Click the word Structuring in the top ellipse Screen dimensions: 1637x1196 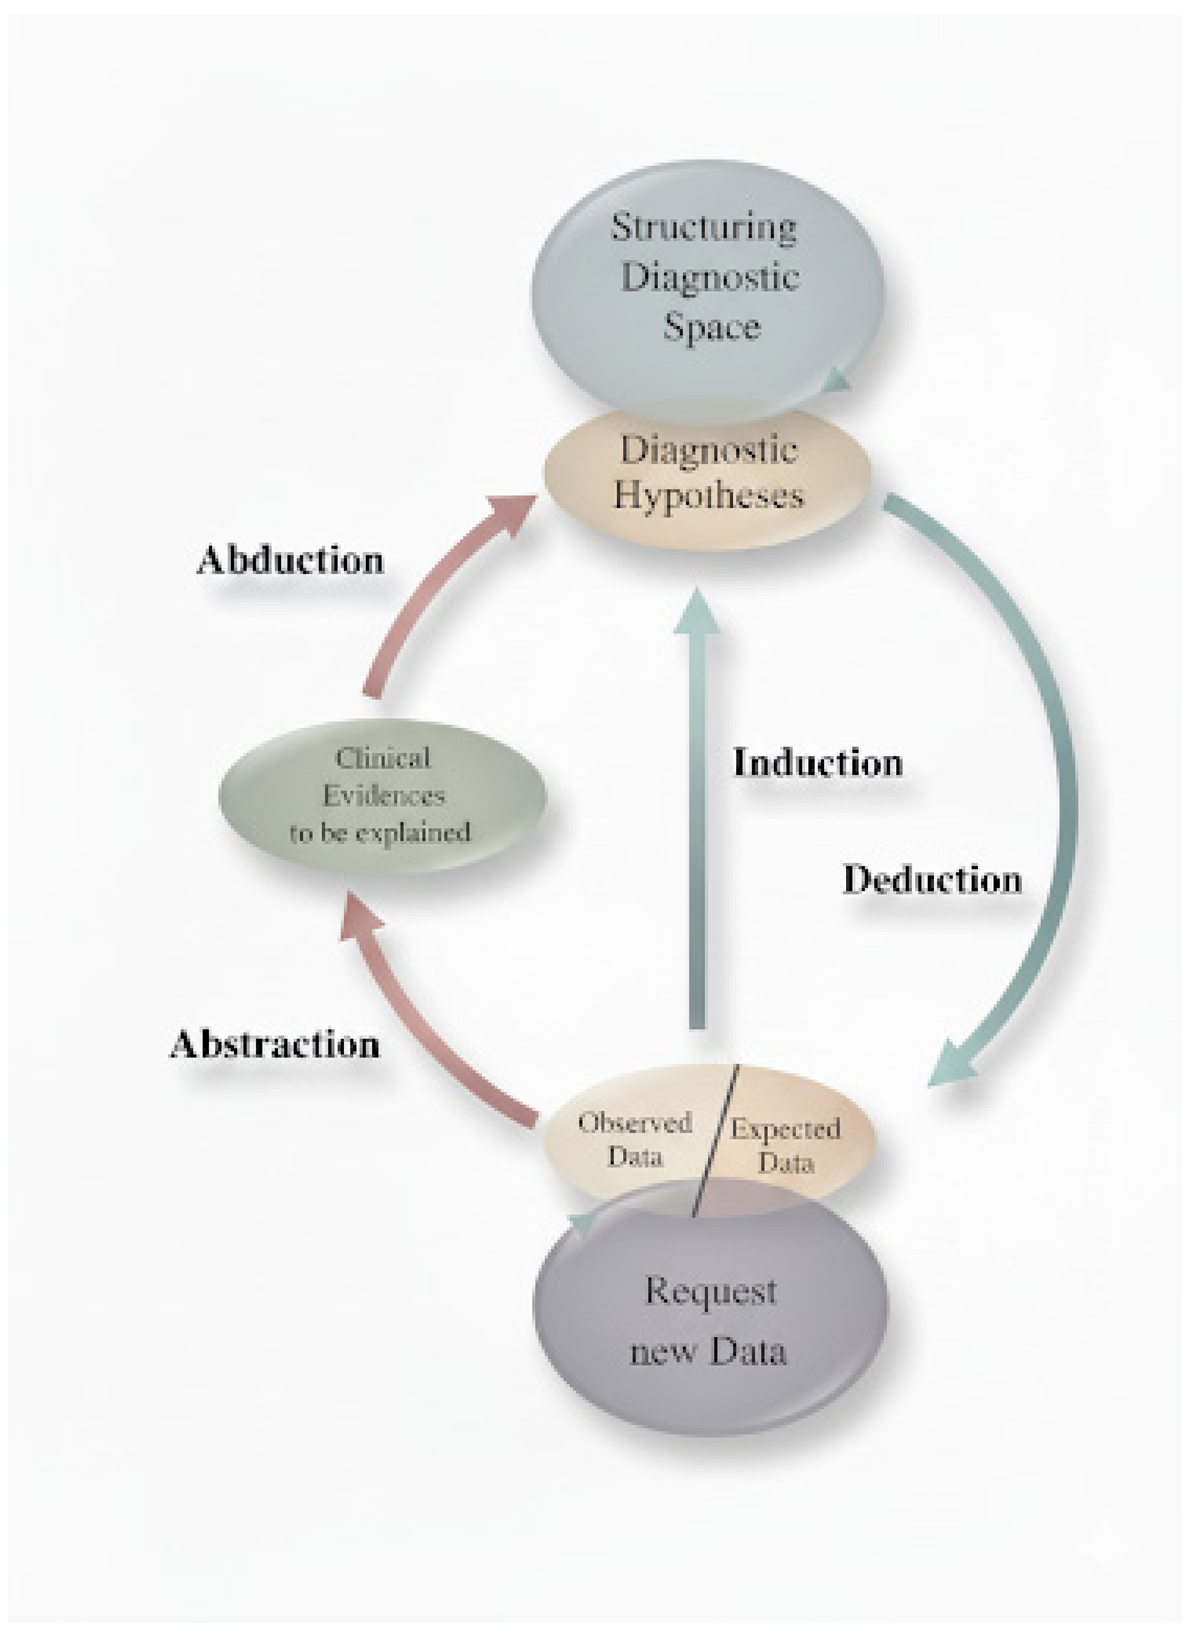[x=704, y=228]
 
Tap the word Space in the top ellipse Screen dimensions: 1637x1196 [x=711, y=328]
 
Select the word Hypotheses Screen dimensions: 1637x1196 [x=709, y=497]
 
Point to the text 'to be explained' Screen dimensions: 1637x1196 [x=381, y=832]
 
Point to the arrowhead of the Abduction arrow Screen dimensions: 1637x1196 [x=516, y=511]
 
